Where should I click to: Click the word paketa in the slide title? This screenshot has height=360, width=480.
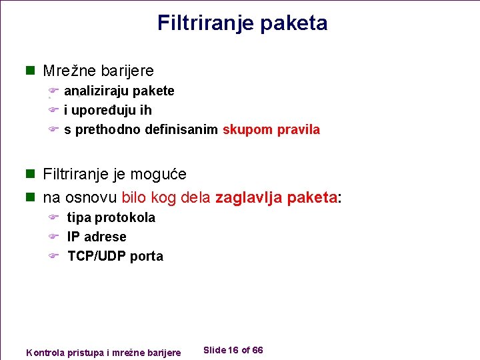click(x=294, y=23)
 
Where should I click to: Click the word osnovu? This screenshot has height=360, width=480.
click(x=91, y=198)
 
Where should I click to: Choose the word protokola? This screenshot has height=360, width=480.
click(x=125, y=217)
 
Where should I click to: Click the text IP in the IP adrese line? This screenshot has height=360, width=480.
click(x=73, y=237)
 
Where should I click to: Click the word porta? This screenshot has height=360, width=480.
click(x=146, y=256)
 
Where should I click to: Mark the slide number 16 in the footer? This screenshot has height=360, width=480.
click(x=233, y=351)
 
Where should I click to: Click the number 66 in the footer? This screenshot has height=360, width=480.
click(x=258, y=351)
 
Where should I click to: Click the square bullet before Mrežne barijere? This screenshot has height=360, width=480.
click(x=29, y=71)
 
